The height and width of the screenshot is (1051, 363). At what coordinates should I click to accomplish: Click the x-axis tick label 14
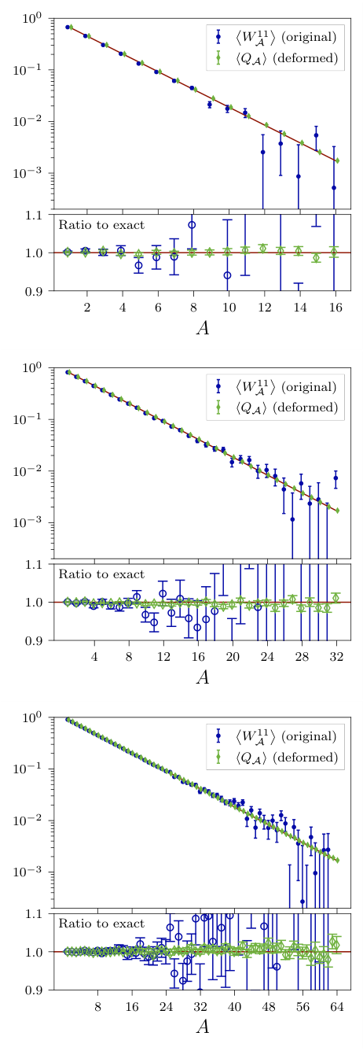(x=299, y=306)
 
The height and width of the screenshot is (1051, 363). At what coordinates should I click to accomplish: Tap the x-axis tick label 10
(x=229, y=306)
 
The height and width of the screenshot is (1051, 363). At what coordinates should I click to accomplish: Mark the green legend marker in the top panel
(x=218, y=56)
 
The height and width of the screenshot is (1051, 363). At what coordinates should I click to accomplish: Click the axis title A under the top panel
(x=202, y=327)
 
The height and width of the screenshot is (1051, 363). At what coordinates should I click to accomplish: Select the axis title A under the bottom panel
(x=202, y=1027)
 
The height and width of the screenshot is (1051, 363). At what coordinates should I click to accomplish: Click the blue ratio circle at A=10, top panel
(x=228, y=275)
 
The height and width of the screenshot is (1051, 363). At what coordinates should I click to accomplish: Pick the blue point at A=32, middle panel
(x=335, y=478)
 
